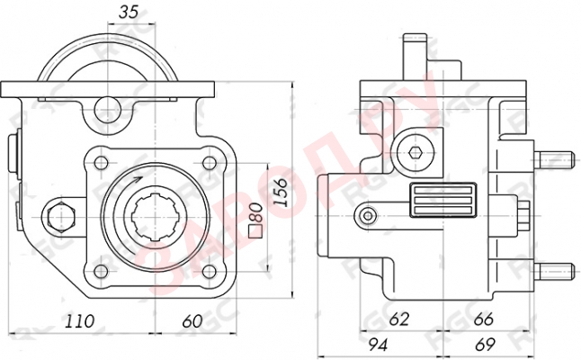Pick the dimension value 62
(400, 319)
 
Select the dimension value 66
(483, 319)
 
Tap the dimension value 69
(485, 343)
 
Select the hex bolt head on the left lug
(59, 216)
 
